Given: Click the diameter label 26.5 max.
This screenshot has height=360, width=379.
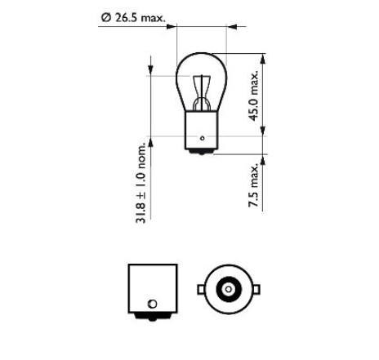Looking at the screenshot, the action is click(140, 18).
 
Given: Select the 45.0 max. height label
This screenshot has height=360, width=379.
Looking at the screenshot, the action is click(254, 96).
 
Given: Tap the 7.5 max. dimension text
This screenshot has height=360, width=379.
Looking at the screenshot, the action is click(254, 185).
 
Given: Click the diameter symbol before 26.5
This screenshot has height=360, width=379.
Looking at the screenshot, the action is click(106, 18).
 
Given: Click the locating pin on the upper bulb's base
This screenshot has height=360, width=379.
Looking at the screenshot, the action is click(202, 138).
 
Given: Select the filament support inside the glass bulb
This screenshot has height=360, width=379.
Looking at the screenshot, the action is click(202, 92).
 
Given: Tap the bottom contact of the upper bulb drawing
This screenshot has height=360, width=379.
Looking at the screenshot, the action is click(202, 152).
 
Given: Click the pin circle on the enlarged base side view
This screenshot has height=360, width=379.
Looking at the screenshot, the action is click(152, 304).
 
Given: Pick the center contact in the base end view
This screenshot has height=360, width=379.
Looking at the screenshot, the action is click(229, 289).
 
